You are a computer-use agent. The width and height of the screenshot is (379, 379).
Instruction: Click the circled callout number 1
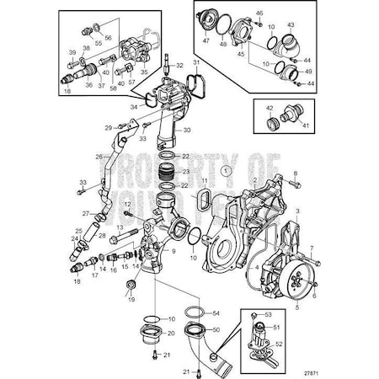pos(224,171)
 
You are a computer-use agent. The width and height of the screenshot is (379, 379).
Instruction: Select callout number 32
pos(179,65)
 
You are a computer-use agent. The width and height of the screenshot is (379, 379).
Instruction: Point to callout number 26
pos(99,157)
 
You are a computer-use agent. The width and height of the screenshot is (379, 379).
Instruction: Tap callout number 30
pos(187,131)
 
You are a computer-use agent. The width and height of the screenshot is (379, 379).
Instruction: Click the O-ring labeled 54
pos(193,313)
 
